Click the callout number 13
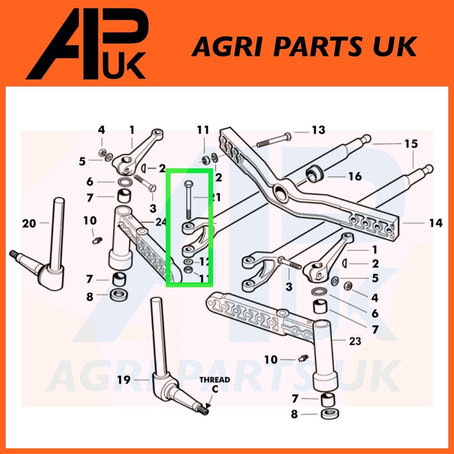point(318,131)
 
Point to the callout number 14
point(435,224)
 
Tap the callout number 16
point(355,176)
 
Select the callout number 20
point(29,223)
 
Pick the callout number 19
point(124,379)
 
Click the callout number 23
point(355,341)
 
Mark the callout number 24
point(161,221)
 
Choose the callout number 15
point(411,144)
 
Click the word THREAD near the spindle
point(215,380)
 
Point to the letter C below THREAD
point(215,389)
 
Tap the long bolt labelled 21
point(188,201)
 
